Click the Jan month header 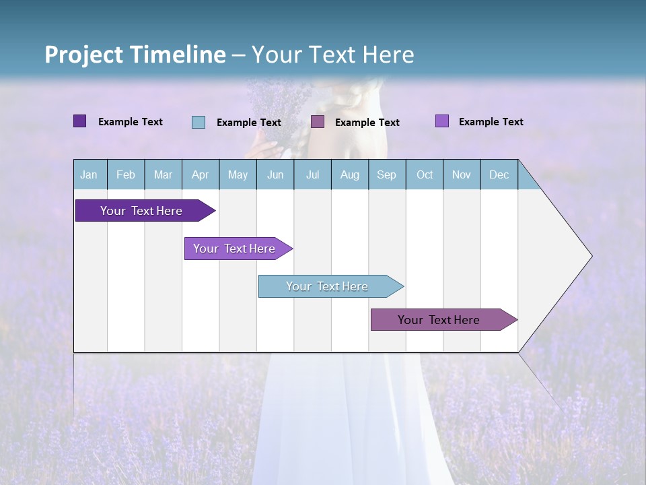(x=89, y=174)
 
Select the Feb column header (x=126, y=174)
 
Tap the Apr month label (x=201, y=174)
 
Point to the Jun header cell (x=275, y=174)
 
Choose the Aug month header (x=350, y=174)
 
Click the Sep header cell (x=387, y=174)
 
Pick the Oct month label (x=425, y=174)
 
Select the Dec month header (x=499, y=174)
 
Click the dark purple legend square (x=80, y=121)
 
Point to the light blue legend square (x=199, y=122)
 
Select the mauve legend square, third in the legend (x=318, y=122)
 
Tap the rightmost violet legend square (x=442, y=121)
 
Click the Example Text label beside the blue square (x=249, y=123)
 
